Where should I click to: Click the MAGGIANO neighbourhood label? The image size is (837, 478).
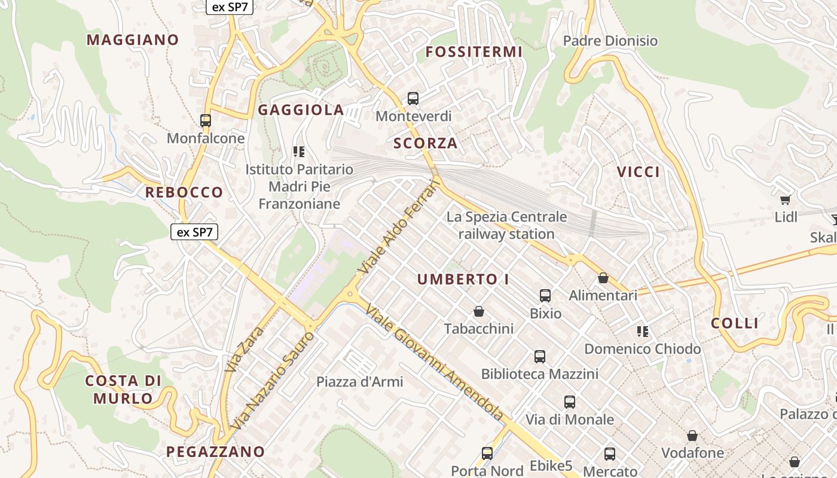(x=133, y=40)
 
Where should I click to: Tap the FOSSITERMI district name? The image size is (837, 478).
(x=474, y=52)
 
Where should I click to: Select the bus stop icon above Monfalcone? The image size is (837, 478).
(x=206, y=121)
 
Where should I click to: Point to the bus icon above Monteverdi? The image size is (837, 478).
(x=413, y=99)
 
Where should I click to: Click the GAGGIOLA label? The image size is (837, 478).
(x=301, y=110)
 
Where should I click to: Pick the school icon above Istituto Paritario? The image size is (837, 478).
(x=299, y=152)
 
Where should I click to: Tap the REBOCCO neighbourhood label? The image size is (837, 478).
(x=184, y=192)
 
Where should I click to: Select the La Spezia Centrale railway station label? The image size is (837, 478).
(x=506, y=225)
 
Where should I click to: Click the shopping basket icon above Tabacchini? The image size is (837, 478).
(x=479, y=311)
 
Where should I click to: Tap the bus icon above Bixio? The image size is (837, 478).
(x=545, y=295)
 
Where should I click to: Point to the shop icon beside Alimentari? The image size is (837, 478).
(x=603, y=278)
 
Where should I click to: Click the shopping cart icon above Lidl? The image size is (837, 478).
(x=786, y=200)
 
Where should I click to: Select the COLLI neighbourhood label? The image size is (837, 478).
(x=735, y=323)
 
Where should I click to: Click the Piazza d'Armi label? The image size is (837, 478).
(x=360, y=382)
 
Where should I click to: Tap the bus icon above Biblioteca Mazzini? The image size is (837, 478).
(x=540, y=357)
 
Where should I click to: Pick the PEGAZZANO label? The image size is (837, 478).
(x=215, y=452)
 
